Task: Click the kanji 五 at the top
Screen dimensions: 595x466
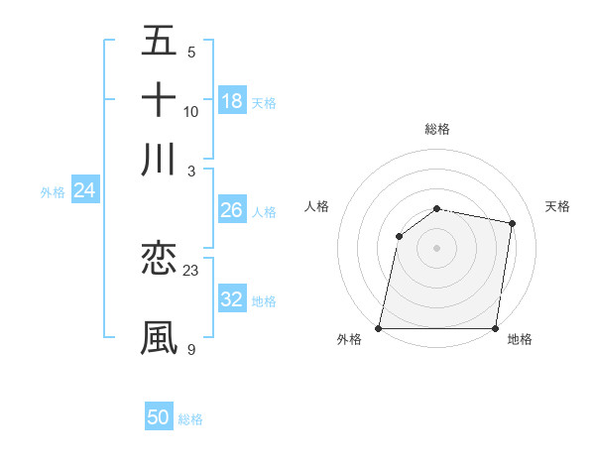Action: [159, 41]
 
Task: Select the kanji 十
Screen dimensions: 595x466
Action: [159, 99]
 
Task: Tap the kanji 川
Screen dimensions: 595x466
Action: [159, 159]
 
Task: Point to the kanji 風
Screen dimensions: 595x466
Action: [159, 337]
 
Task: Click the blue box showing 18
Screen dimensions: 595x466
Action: [232, 100]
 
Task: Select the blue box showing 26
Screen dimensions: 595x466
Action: [231, 210]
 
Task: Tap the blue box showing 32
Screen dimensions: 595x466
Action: [231, 299]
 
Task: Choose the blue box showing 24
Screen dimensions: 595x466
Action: [84, 190]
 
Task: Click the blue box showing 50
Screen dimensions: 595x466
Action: [159, 417]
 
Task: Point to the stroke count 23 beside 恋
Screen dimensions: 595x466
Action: [191, 270]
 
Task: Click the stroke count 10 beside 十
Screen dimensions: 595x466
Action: [191, 111]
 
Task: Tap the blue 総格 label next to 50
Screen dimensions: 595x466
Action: [190, 419]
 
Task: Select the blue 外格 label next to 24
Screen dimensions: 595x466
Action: [53, 192]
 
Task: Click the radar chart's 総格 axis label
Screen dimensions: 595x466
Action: [437, 129]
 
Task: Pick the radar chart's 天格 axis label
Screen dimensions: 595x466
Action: [557, 206]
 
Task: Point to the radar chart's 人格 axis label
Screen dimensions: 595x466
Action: [316, 206]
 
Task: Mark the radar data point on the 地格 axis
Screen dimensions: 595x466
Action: [496, 328]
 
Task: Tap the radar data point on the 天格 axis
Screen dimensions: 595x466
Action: [513, 223]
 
